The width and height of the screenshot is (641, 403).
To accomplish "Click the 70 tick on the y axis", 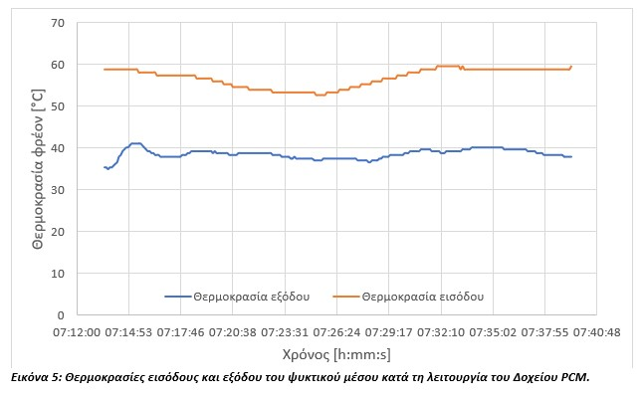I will pos(57,23).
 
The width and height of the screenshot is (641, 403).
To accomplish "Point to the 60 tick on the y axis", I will pos(57,65).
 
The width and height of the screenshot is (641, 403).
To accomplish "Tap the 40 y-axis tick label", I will pos(57,148).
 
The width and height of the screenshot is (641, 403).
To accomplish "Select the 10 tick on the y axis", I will pos(57,274).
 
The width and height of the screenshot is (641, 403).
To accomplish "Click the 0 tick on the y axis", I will pos(60,315).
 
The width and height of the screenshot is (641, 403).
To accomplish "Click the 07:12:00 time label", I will pos(77,332).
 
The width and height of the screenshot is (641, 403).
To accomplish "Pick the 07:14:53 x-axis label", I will pos(129,332).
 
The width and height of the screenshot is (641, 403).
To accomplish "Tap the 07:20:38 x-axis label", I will pos(233,332).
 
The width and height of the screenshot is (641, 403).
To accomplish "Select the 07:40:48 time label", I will pos(595,332).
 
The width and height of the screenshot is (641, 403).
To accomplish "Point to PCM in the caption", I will pos(574,377).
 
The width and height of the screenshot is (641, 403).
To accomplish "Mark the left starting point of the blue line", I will pos(105,167).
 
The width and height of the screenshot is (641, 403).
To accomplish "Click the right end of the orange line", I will pos(571,66).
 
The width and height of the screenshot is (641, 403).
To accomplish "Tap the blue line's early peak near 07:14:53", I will pos(135,143).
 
